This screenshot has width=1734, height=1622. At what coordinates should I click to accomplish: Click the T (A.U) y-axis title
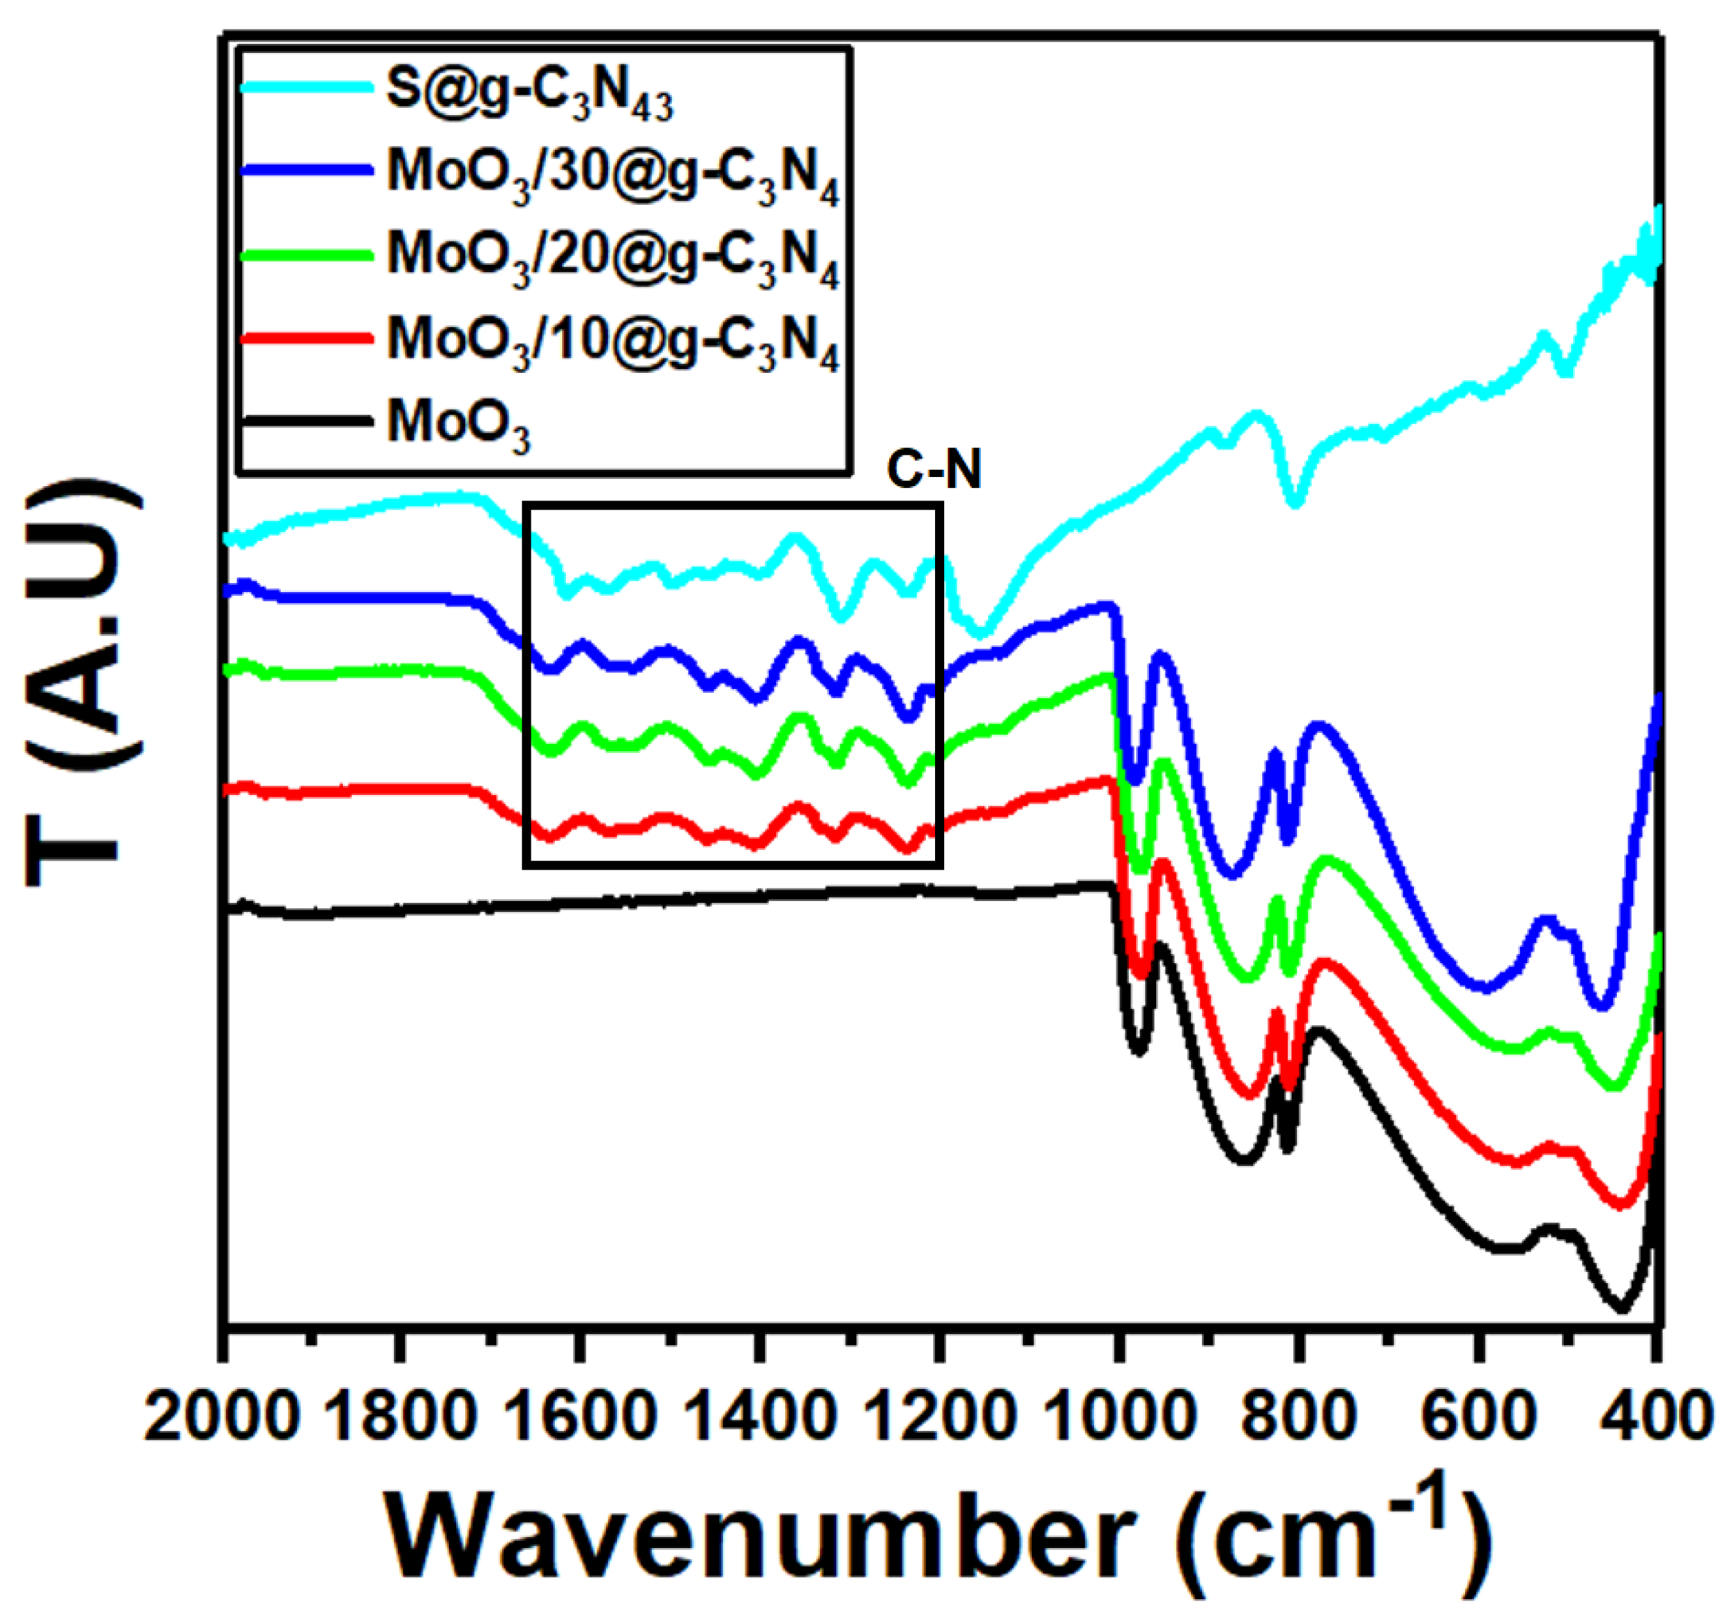83,684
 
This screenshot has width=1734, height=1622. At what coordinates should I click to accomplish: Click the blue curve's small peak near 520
1546,920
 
